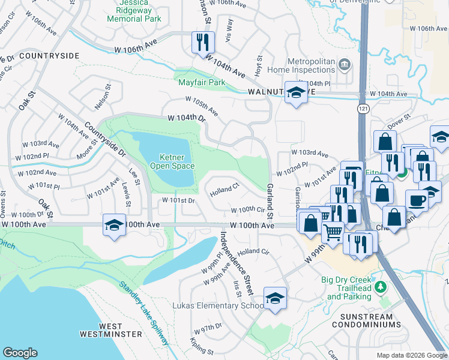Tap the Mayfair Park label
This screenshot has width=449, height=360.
200,82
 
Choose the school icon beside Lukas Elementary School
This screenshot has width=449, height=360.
274,297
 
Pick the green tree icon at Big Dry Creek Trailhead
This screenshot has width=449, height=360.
379,286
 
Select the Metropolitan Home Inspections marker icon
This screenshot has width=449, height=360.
345,64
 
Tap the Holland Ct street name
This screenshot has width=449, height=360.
225,190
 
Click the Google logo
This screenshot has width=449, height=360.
20,352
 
